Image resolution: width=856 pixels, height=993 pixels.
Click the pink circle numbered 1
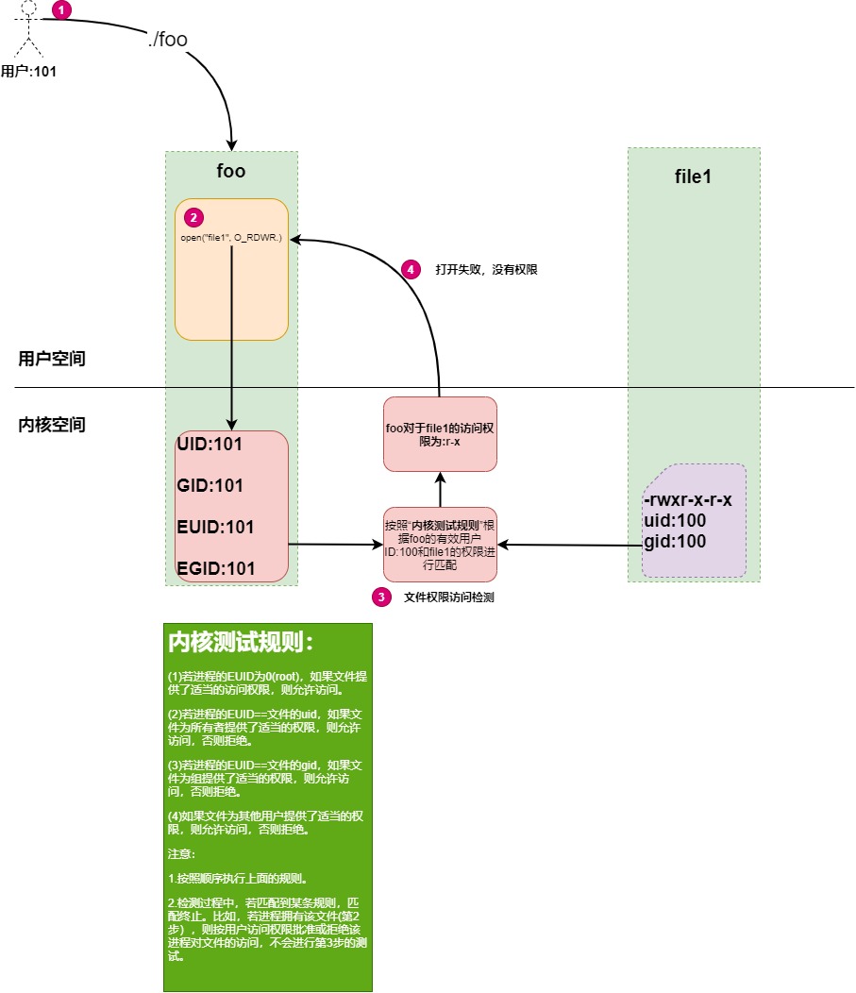coord(61,10)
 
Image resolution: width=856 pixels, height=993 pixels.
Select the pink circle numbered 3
coord(381,597)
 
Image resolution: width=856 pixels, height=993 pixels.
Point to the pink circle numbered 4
coord(410,269)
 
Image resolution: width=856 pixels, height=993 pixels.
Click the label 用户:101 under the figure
coord(28,70)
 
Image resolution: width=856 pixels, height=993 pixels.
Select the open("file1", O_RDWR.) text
coord(231,238)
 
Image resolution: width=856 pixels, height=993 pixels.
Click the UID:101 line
coord(210,445)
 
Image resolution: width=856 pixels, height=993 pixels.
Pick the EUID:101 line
coord(215,527)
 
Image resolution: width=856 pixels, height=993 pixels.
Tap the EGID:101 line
coord(215,567)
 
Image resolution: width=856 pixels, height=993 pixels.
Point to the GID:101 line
coord(210,486)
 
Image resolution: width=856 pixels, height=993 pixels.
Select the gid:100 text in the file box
coord(675,541)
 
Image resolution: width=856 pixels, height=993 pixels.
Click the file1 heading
coord(694,177)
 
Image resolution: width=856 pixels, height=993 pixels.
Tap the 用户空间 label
coord(52,359)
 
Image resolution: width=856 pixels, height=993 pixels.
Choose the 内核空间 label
coord(52,425)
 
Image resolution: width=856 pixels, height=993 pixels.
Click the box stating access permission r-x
coord(440,434)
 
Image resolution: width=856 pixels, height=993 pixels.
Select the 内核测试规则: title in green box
coord(240,643)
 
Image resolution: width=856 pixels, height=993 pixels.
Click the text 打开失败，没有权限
coord(486,270)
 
